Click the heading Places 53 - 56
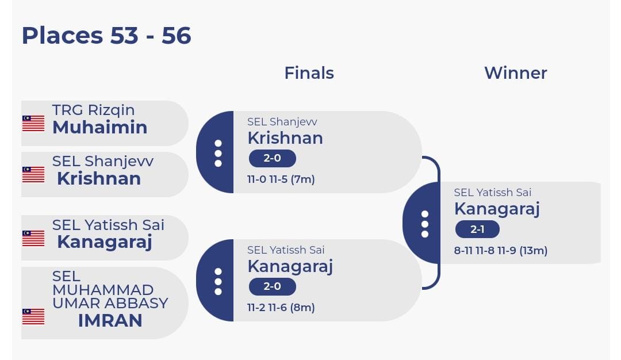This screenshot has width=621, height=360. tap(106, 36)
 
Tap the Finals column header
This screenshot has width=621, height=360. tap(309, 73)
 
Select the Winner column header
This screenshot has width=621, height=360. tap(516, 73)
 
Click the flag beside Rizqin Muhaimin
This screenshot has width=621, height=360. tap(33, 123)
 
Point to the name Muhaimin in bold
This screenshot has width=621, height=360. tap(100, 127)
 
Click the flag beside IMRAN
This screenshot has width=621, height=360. tap(33, 316)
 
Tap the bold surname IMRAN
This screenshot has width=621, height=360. tap(110, 320)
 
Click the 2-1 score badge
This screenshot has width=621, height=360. tap(477, 229)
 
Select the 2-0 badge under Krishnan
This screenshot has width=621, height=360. tap(272, 158)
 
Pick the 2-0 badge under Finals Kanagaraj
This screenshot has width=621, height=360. tap(272, 286)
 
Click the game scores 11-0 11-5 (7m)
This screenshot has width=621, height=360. tap(281, 179)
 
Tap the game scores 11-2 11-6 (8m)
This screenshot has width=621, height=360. tap(281, 308)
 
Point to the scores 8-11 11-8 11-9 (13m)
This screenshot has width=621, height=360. tap(501, 251)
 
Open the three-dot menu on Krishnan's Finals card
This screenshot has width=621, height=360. tap(218, 154)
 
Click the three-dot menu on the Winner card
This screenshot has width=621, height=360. tap(425, 224)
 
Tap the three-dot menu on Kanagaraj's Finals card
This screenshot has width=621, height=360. tap(218, 282)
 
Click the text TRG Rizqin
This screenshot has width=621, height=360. tap(94, 110)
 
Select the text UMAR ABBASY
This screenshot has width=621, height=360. tap(110, 303)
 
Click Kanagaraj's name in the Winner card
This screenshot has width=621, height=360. tap(497, 209)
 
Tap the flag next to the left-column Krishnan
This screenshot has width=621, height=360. tap(33, 175)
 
